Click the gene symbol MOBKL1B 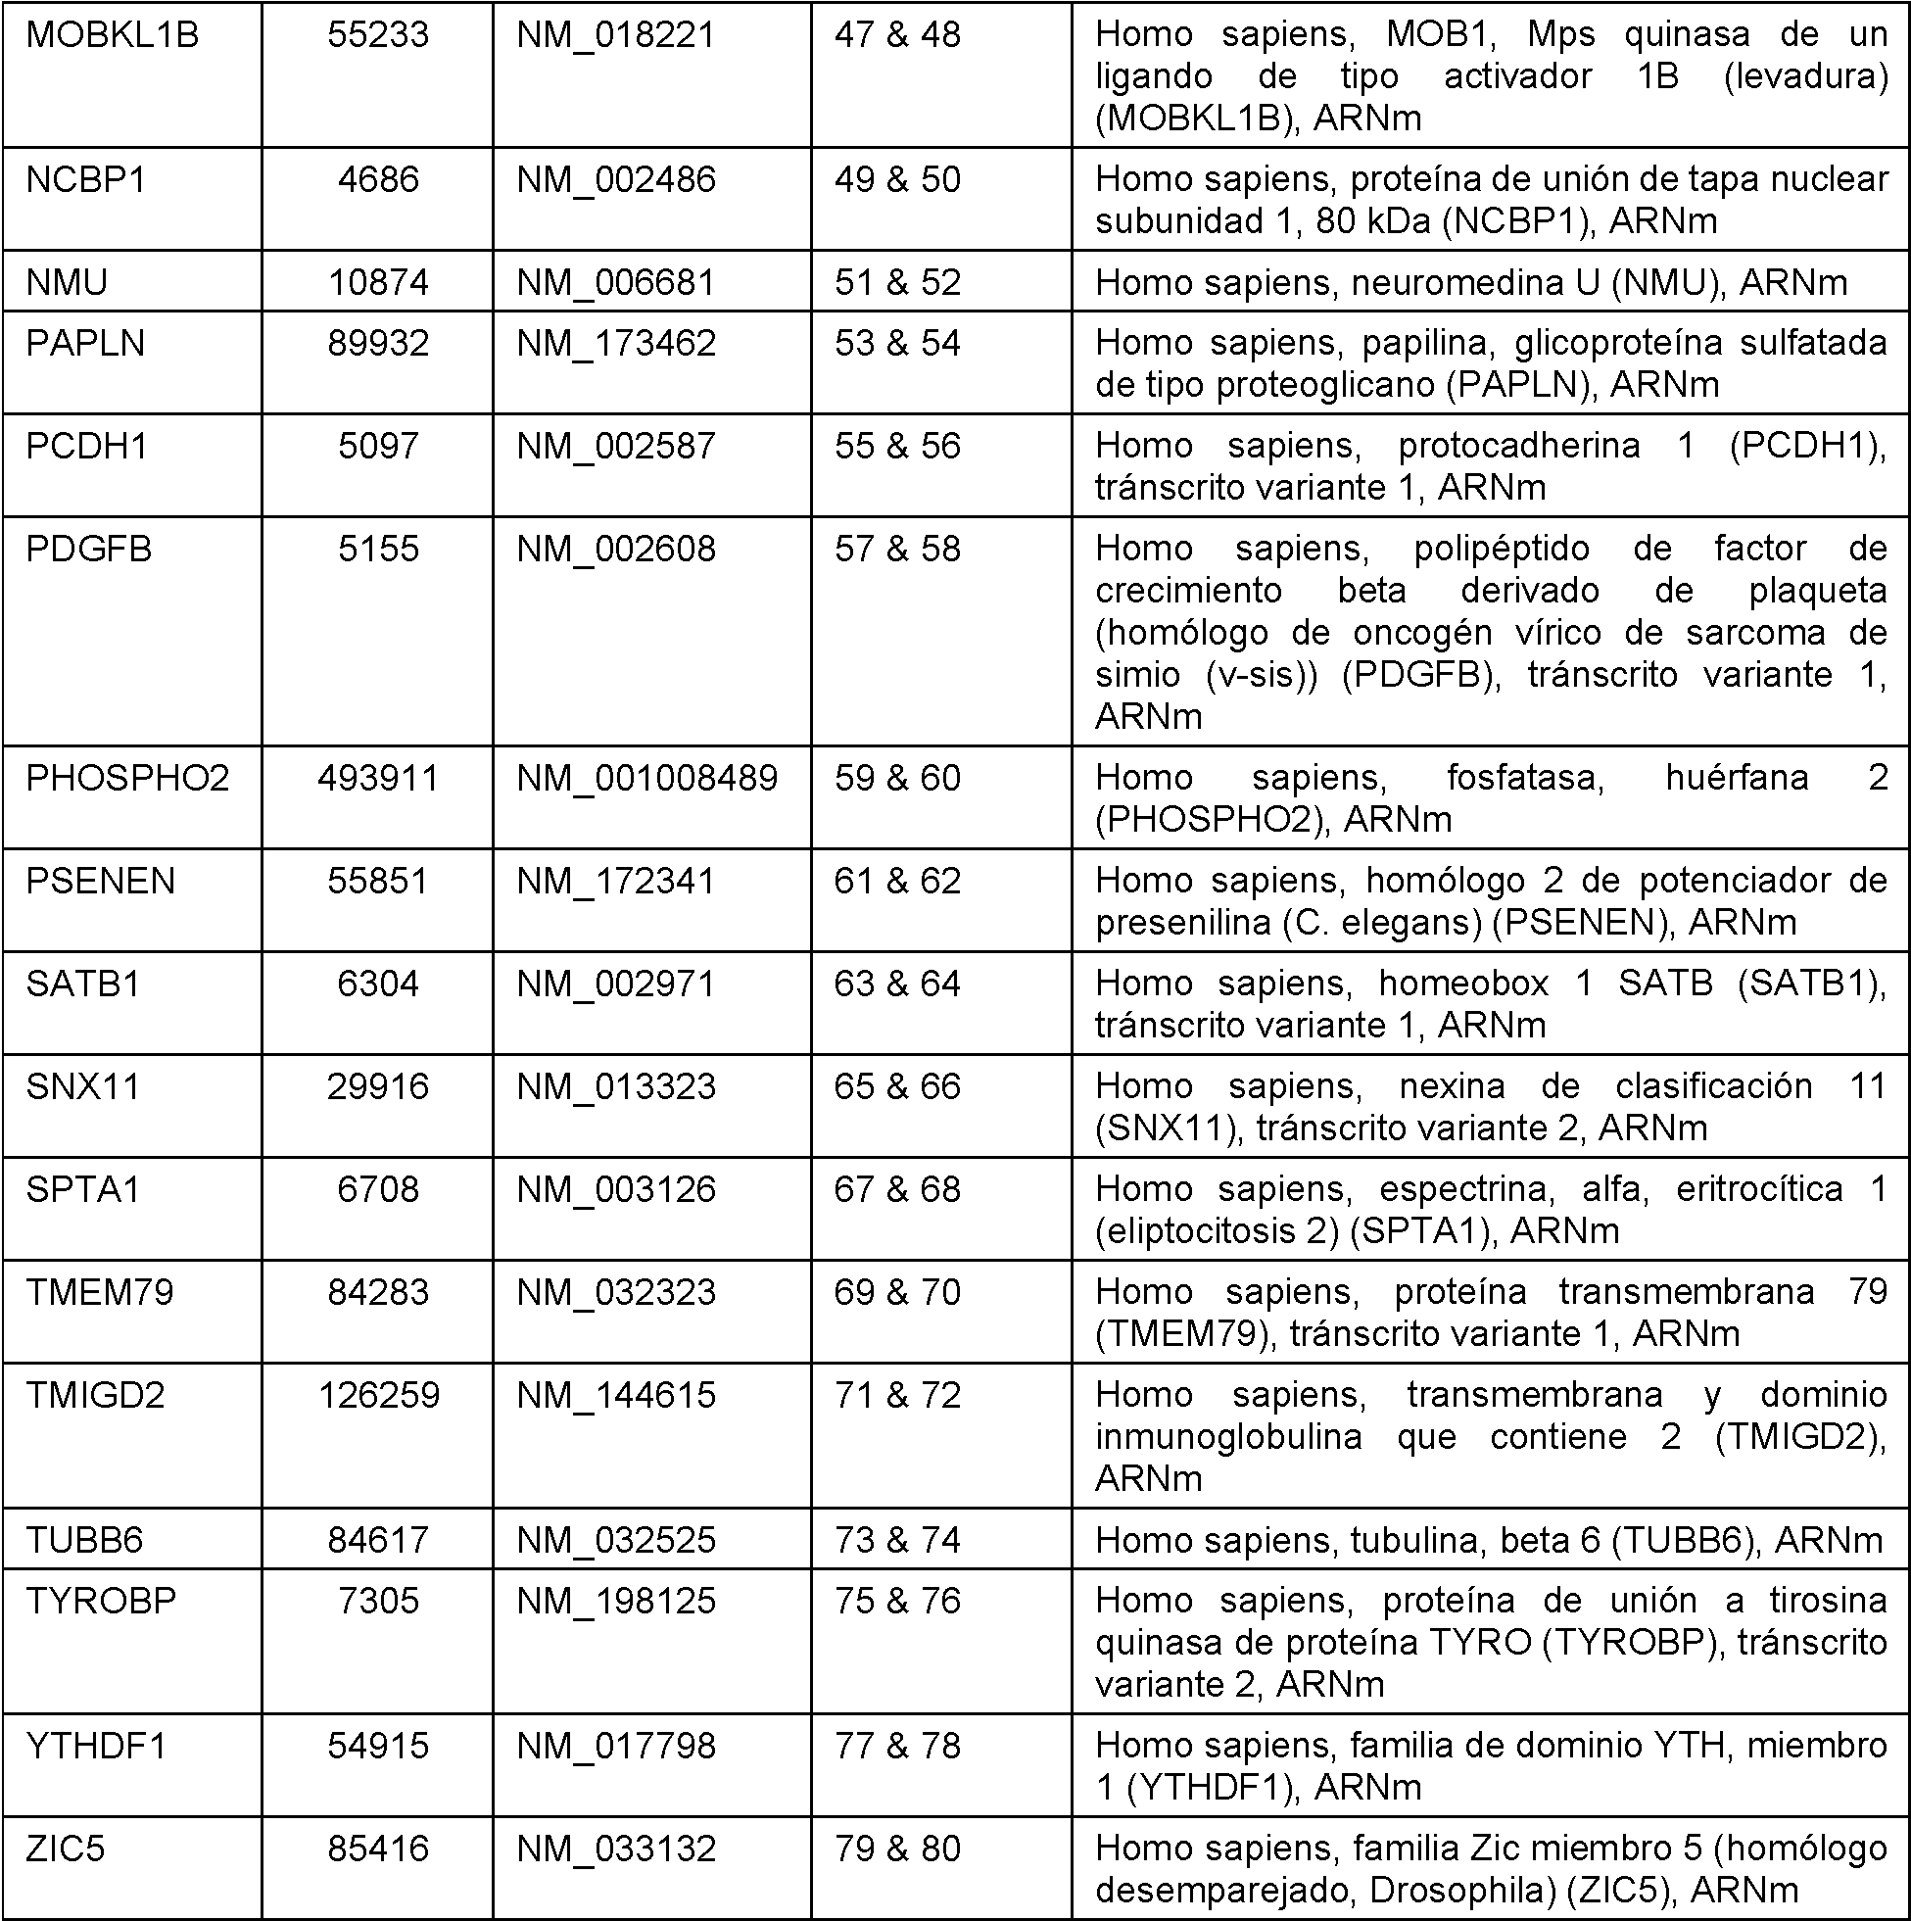tap(113, 36)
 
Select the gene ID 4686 tap(378, 180)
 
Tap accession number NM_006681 tap(615, 283)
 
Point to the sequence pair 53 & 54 tap(897, 344)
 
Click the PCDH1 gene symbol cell tap(87, 447)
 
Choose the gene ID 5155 tap(378, 550)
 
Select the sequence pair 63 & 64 tap(897, 985)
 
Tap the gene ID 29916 tap(378, 1086)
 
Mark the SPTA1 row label tap(83, 1190)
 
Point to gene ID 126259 tap(379, 1396)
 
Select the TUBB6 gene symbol tap(85, 1540)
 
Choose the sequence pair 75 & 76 tap(897, 1601)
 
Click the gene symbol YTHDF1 tap(96, 1746)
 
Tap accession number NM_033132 tap(615, 1849)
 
